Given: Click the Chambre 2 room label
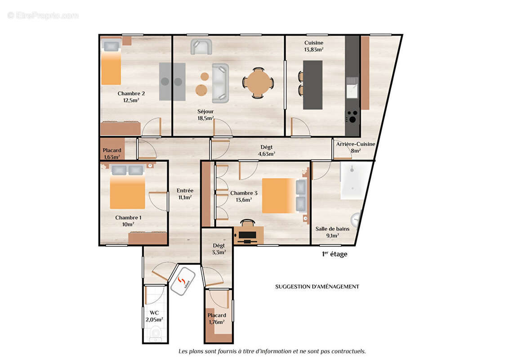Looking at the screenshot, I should pyautogui.click(x=131, y=94).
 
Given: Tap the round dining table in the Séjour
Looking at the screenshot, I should pyautogui.click(x=258, y=83).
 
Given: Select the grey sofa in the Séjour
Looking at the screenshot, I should pyautogui.click(x=220, y=83).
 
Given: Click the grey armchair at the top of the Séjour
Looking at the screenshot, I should pyautogui.click(x=201, y=47).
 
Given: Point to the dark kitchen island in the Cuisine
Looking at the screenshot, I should pyautogui.click(x=313, y=85).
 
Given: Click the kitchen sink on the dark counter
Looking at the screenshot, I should pyautogui.click(x=352, y=87).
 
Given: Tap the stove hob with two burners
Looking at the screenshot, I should pyautogui.click(x=352, y=116).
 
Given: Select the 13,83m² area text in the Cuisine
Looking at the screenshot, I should pyautogui.click(x=313, y=49).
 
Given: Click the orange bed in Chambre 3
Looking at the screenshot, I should pyautogui.click(x=278, y=196).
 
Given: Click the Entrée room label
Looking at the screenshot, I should pyautogui.click(x=185, y=190).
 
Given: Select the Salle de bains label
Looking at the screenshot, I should pyautogui.click(x=332, y=229).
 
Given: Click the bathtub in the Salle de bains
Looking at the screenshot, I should pyautogui.click(x=355, y=181).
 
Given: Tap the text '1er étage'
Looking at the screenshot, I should pyautogui.click(x=335, y=254).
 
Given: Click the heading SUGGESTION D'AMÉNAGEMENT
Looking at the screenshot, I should pyautogui.click(x=317, y=287).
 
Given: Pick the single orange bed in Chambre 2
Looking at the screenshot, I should pyautogui.click(x=111, y=67).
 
